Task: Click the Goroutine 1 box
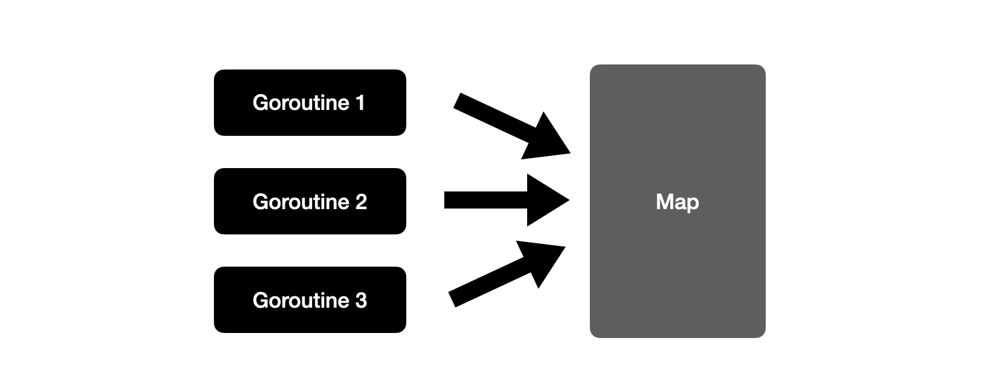(x=310, y=102)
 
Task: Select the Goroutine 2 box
(x=310, y=201)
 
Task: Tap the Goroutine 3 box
(x=310, y=299)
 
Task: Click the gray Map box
(x=677, y=201)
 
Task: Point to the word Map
(x=677, y=203)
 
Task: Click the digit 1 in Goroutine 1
(x=360, y=103)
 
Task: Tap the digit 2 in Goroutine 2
(x=361, y=202)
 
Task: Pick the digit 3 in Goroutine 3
(x=361, y=301)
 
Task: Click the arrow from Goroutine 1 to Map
(x=512, y=126)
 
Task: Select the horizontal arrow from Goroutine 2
(x=507, y=200)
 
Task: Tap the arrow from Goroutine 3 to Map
(x=507, y=274)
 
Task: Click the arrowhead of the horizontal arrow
(x=549, y=200)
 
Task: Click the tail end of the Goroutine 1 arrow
(x=457, y=100)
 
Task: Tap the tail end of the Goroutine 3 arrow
(x=452, y=299)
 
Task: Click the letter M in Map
(x=664, y=202)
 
